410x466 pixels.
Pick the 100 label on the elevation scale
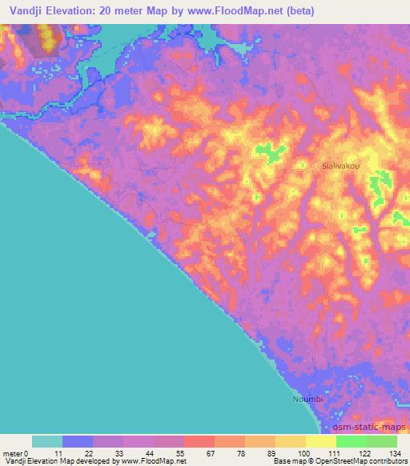tap(303, 452)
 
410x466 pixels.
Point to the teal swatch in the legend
tap(47, 441)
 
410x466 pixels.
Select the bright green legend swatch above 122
tap(352, 441)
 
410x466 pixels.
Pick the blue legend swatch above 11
tap(78, 441)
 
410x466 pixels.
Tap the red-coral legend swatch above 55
tap(199, 441)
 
